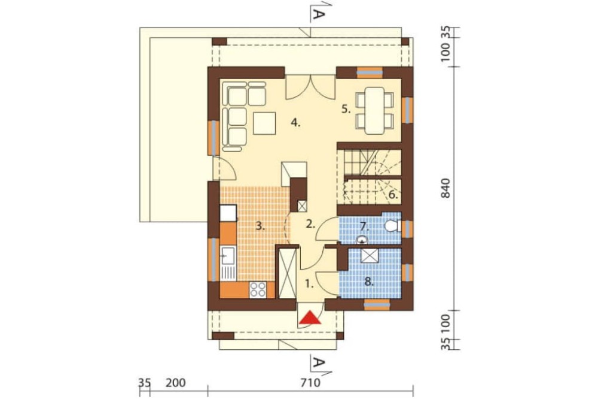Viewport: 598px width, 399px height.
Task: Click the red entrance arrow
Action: tap(310, 318)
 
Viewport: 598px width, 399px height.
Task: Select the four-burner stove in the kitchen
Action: tap(257, 289)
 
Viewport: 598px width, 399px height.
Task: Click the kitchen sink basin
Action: tap(228, 255)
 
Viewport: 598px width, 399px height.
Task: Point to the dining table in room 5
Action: tap(374, 110)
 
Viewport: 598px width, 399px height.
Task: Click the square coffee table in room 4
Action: tap(264, 123)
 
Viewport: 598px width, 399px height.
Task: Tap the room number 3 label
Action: tap(260, 226)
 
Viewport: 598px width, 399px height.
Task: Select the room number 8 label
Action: tap(368, 282)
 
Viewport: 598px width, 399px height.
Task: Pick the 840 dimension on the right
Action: tap(446, 188)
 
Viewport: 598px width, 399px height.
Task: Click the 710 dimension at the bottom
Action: tap(310, 383)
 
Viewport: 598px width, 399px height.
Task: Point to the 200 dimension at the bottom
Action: tap(176, 383)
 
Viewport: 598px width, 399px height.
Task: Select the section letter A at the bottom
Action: tap(319, 362)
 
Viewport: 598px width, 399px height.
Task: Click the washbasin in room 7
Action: tap(362, 240)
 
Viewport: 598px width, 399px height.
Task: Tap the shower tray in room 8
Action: tap(368, 256)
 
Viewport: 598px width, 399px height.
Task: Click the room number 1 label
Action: tap(309, 283)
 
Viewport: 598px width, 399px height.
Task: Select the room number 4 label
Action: tap(295, 123)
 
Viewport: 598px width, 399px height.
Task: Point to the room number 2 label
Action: tap(311, 224)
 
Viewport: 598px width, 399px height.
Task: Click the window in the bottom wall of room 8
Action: tap(377, 304)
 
